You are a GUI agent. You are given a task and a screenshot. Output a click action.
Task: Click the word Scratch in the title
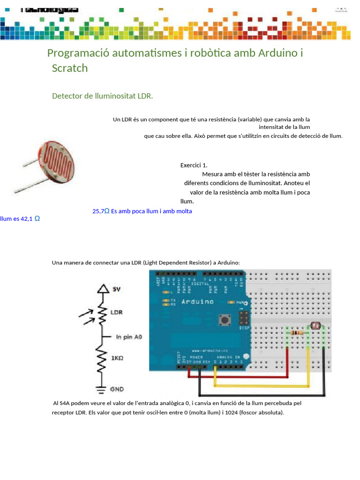(x=70, y=68)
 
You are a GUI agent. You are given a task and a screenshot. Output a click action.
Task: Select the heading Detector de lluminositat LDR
(x=103, y=96)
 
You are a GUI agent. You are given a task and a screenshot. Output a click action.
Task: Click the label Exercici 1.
(x=194, y=165)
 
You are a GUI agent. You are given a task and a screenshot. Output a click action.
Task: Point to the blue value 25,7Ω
(x=101, y=211)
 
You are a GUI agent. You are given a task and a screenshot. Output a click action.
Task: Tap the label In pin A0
(x=128, y=337)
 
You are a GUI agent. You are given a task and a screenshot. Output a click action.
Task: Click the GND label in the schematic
(x=117, y=389)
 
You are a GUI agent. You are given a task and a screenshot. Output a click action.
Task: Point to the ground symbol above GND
(x=100, y=387)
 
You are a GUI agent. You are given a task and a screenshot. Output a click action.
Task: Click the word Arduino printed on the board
(x=197, y=302)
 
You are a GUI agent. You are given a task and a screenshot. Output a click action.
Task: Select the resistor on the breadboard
(x=296, y=333)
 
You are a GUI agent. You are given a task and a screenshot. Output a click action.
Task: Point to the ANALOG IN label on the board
(x=228, y=357)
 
